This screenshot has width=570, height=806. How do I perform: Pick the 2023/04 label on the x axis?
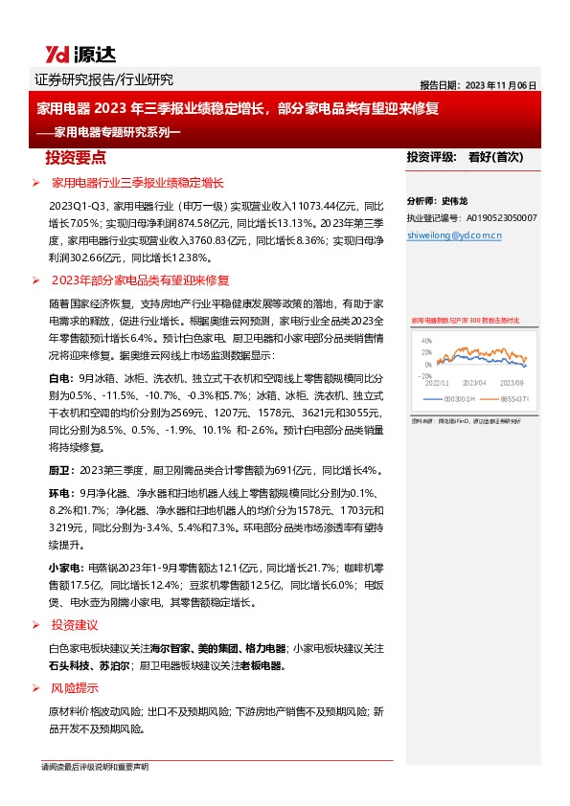click(475, 383)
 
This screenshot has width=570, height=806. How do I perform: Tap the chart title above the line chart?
click(465, 321)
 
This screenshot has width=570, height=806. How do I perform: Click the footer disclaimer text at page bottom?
click(95, 768)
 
